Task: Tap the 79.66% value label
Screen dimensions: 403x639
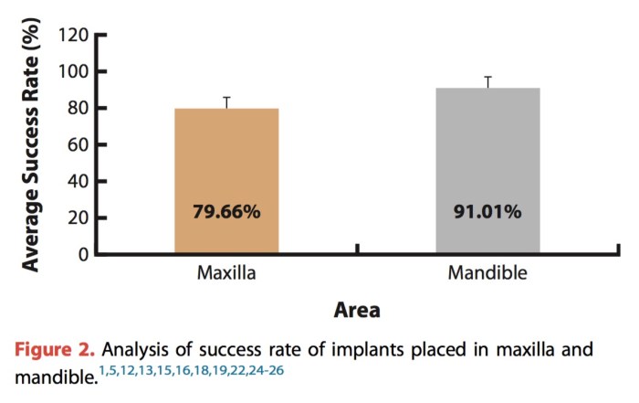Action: click(x=226, y=211)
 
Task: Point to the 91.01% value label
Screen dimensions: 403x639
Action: click(x=487, y=211)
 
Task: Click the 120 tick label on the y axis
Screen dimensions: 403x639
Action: click(x=72, y=36)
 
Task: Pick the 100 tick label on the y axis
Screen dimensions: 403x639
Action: click(x=72, y=72)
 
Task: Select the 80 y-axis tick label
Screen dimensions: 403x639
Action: click(x=77, y=109)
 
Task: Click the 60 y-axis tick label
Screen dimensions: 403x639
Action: click(x=77, y=144)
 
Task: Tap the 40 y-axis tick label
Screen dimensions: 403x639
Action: click(x=77, y=181)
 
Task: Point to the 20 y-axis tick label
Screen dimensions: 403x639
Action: click(x=77, y=217)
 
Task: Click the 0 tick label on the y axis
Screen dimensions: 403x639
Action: click(x=82, y=253)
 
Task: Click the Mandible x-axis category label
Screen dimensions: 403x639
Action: click(x=487, y=274)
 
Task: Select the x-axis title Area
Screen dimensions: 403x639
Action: click(x=357, y=311)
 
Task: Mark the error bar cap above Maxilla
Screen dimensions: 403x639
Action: click(x=226, y=97)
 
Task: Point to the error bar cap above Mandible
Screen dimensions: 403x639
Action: click(x=487, y=77)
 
